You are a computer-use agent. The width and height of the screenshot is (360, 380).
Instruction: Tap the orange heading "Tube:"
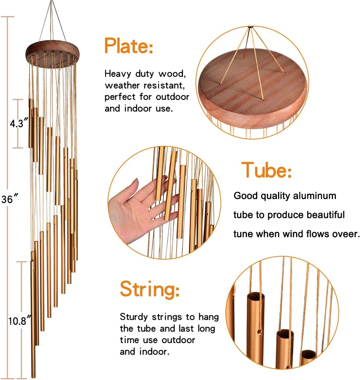coord(266,170)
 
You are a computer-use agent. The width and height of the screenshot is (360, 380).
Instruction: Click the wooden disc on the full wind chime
coord(52,54)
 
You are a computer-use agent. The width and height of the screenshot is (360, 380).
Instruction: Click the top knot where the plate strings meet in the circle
coord(250,27)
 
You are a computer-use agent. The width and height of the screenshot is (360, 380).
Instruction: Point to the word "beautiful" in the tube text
coord(324,215)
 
